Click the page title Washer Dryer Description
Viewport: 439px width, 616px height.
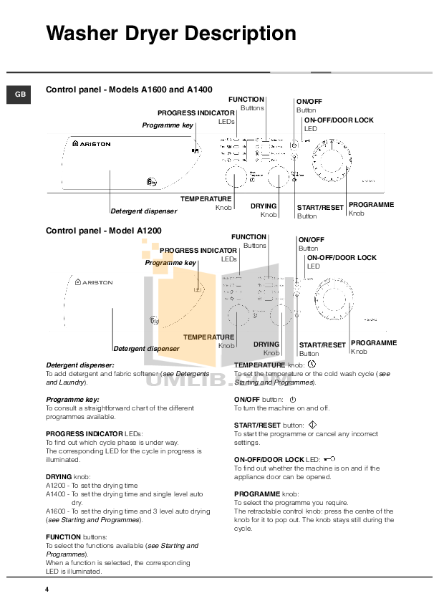[x=170, y=34]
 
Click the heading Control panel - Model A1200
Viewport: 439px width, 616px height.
[x=103, y=231]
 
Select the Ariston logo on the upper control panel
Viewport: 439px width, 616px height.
[x=92, y=144]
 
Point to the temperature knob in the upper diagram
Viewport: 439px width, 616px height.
[x=236, y=176]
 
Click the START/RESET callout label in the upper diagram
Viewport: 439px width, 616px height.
[x=320, y=208]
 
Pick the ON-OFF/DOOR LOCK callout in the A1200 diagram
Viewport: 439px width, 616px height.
[x=341, y=257]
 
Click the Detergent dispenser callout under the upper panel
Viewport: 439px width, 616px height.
[x=143, y=211]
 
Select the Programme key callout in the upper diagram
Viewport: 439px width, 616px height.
[x=168, y=125]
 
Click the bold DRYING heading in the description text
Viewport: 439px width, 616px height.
[x=59, y=476]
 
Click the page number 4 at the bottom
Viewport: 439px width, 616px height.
[x=47, y=589]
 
